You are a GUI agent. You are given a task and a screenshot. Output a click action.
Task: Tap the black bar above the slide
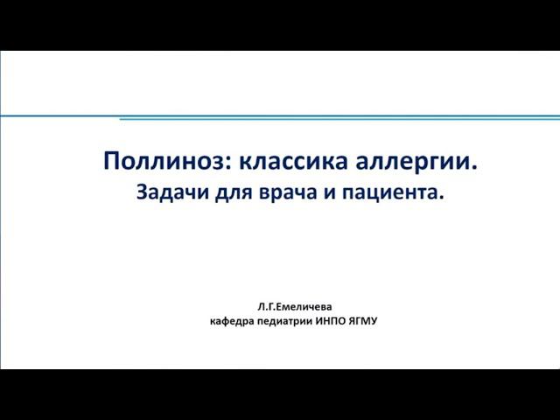coord(280,24)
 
